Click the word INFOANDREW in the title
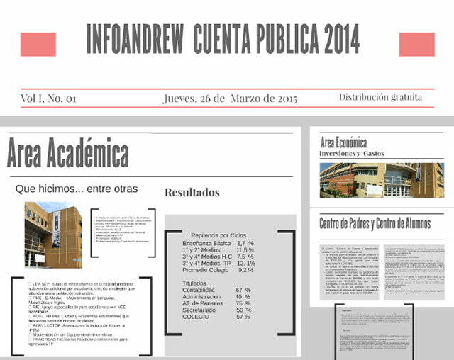(133, 40)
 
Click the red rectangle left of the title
(38, 45)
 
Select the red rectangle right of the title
(417, 44)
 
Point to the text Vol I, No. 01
(48, 98)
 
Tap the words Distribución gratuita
(381, 97)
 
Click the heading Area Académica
(68, 153)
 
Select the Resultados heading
(192, 192)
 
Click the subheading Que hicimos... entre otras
(77, 189)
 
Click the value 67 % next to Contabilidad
(243, 290)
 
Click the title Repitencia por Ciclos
(218, 234)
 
